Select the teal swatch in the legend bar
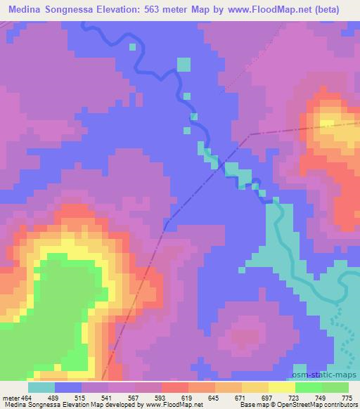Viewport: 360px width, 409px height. pos(41,387)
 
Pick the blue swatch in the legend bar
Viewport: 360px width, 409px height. pos(68,387)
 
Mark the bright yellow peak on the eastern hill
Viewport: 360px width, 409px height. pos(328,124)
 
